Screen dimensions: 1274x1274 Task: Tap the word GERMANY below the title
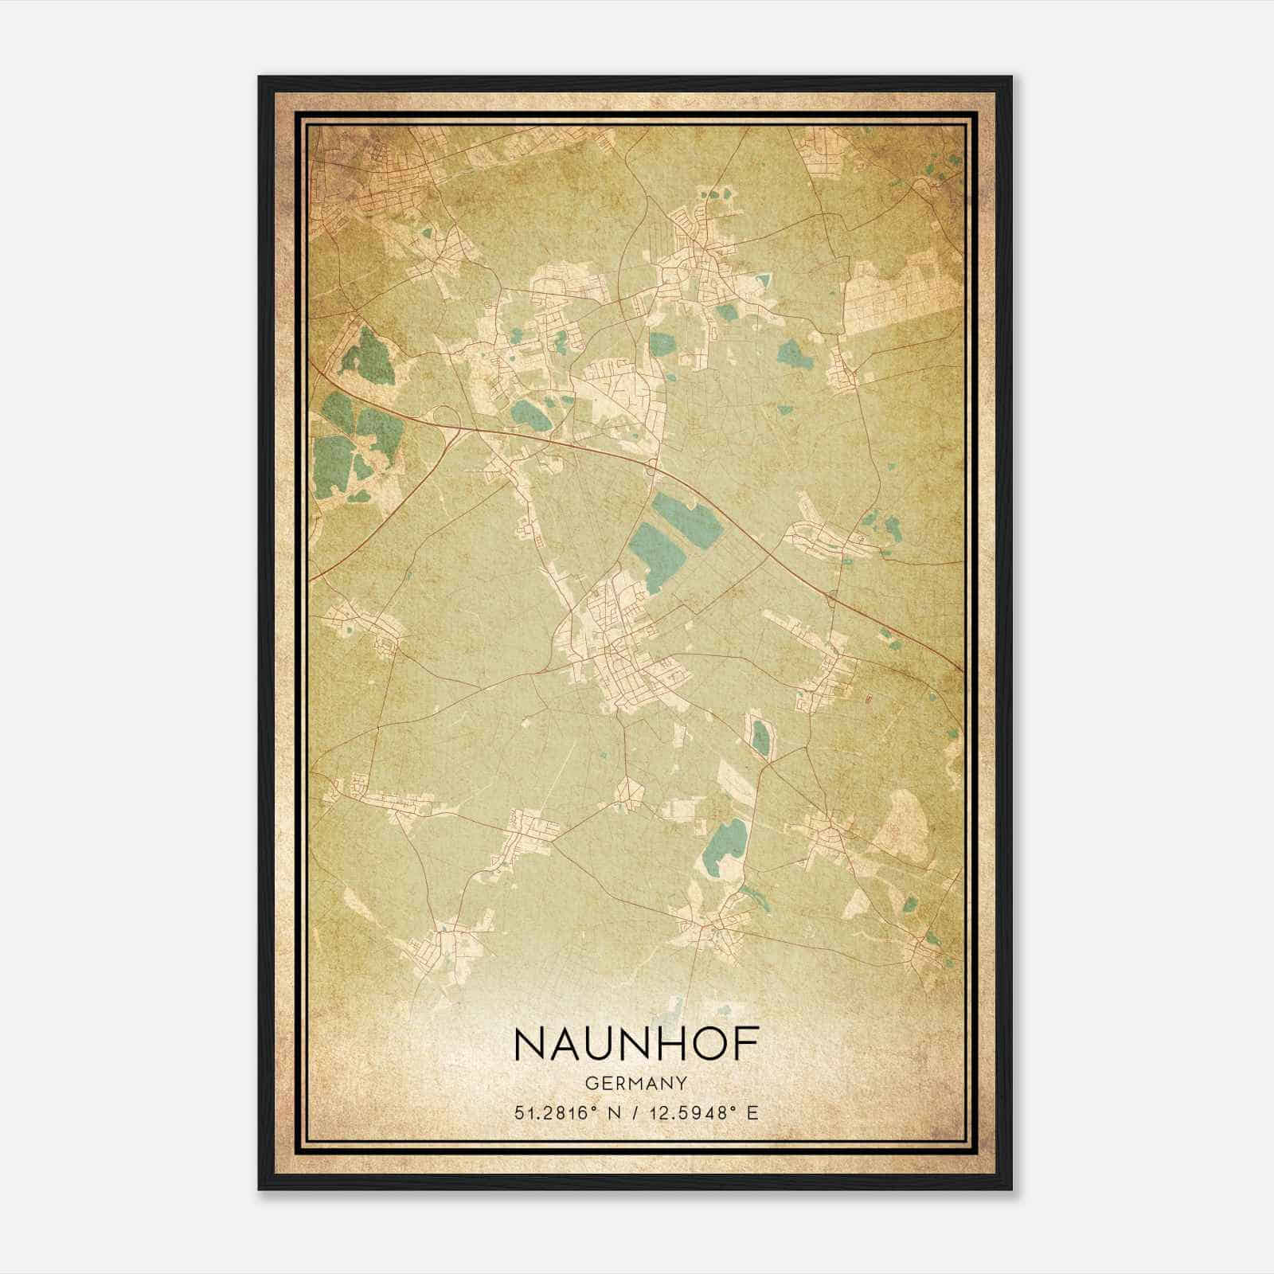(636, 1083)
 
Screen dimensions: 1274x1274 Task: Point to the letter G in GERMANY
(589, 1083)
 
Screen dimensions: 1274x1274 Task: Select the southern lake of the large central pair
(655, 553)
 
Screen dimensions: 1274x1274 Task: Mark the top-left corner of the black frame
(260, 78)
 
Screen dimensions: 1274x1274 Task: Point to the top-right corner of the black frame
(1010, 78)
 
